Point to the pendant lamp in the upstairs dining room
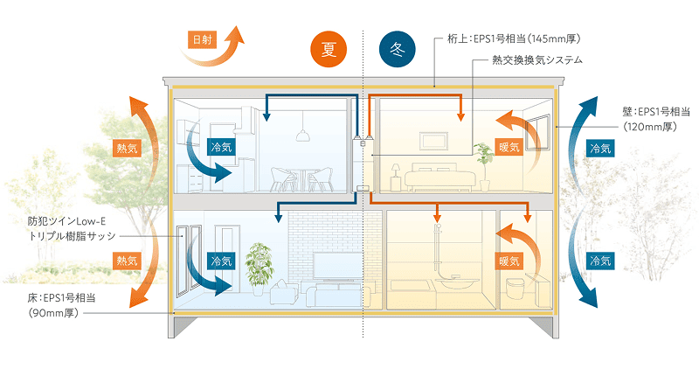tap(301, 135)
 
